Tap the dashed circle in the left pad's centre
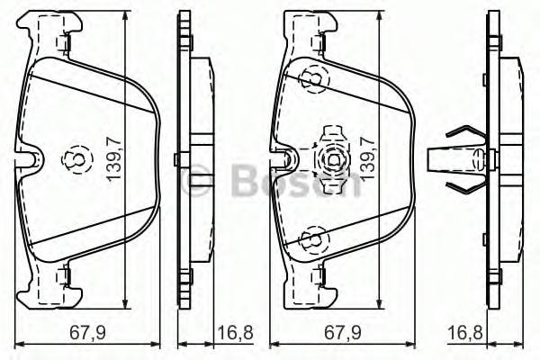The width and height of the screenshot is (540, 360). point(71,160)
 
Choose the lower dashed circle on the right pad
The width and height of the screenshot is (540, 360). point(310,239)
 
